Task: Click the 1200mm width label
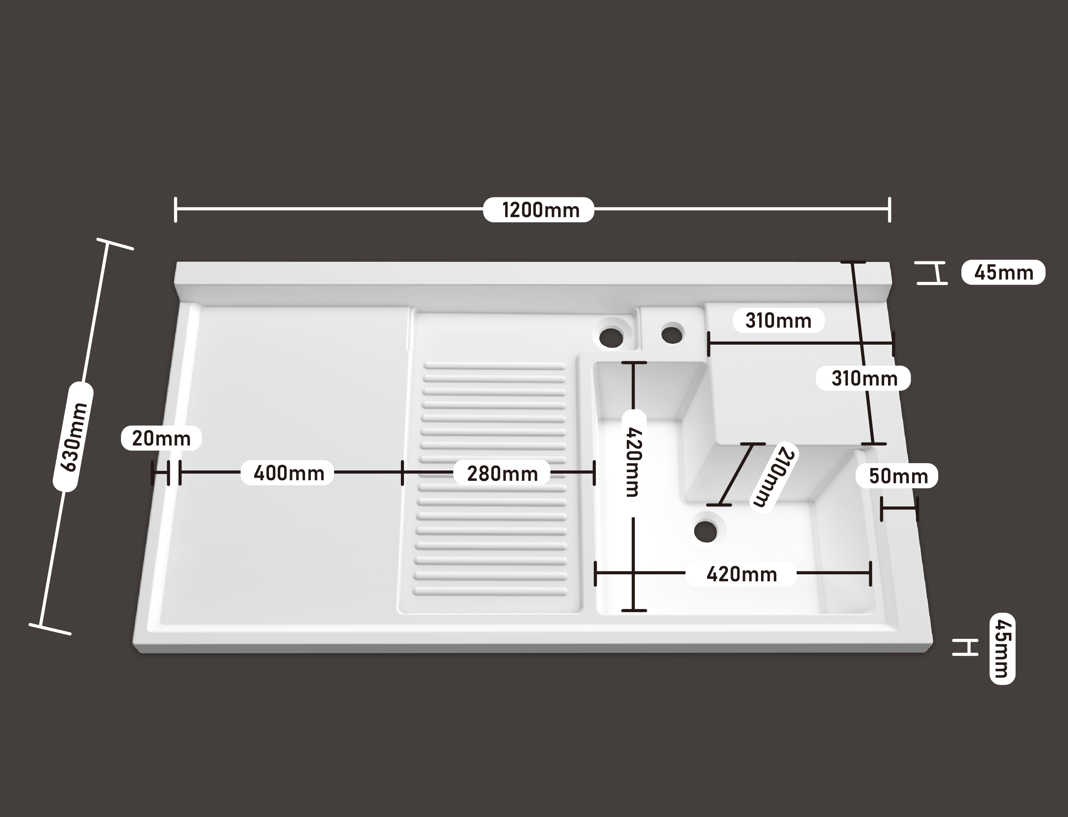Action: tap(539, 210)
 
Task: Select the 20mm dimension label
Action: tap(161, 438)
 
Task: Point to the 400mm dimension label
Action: tap(288, 473)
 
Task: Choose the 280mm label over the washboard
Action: tap(502, 473)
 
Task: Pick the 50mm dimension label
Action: tap(898, 476)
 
